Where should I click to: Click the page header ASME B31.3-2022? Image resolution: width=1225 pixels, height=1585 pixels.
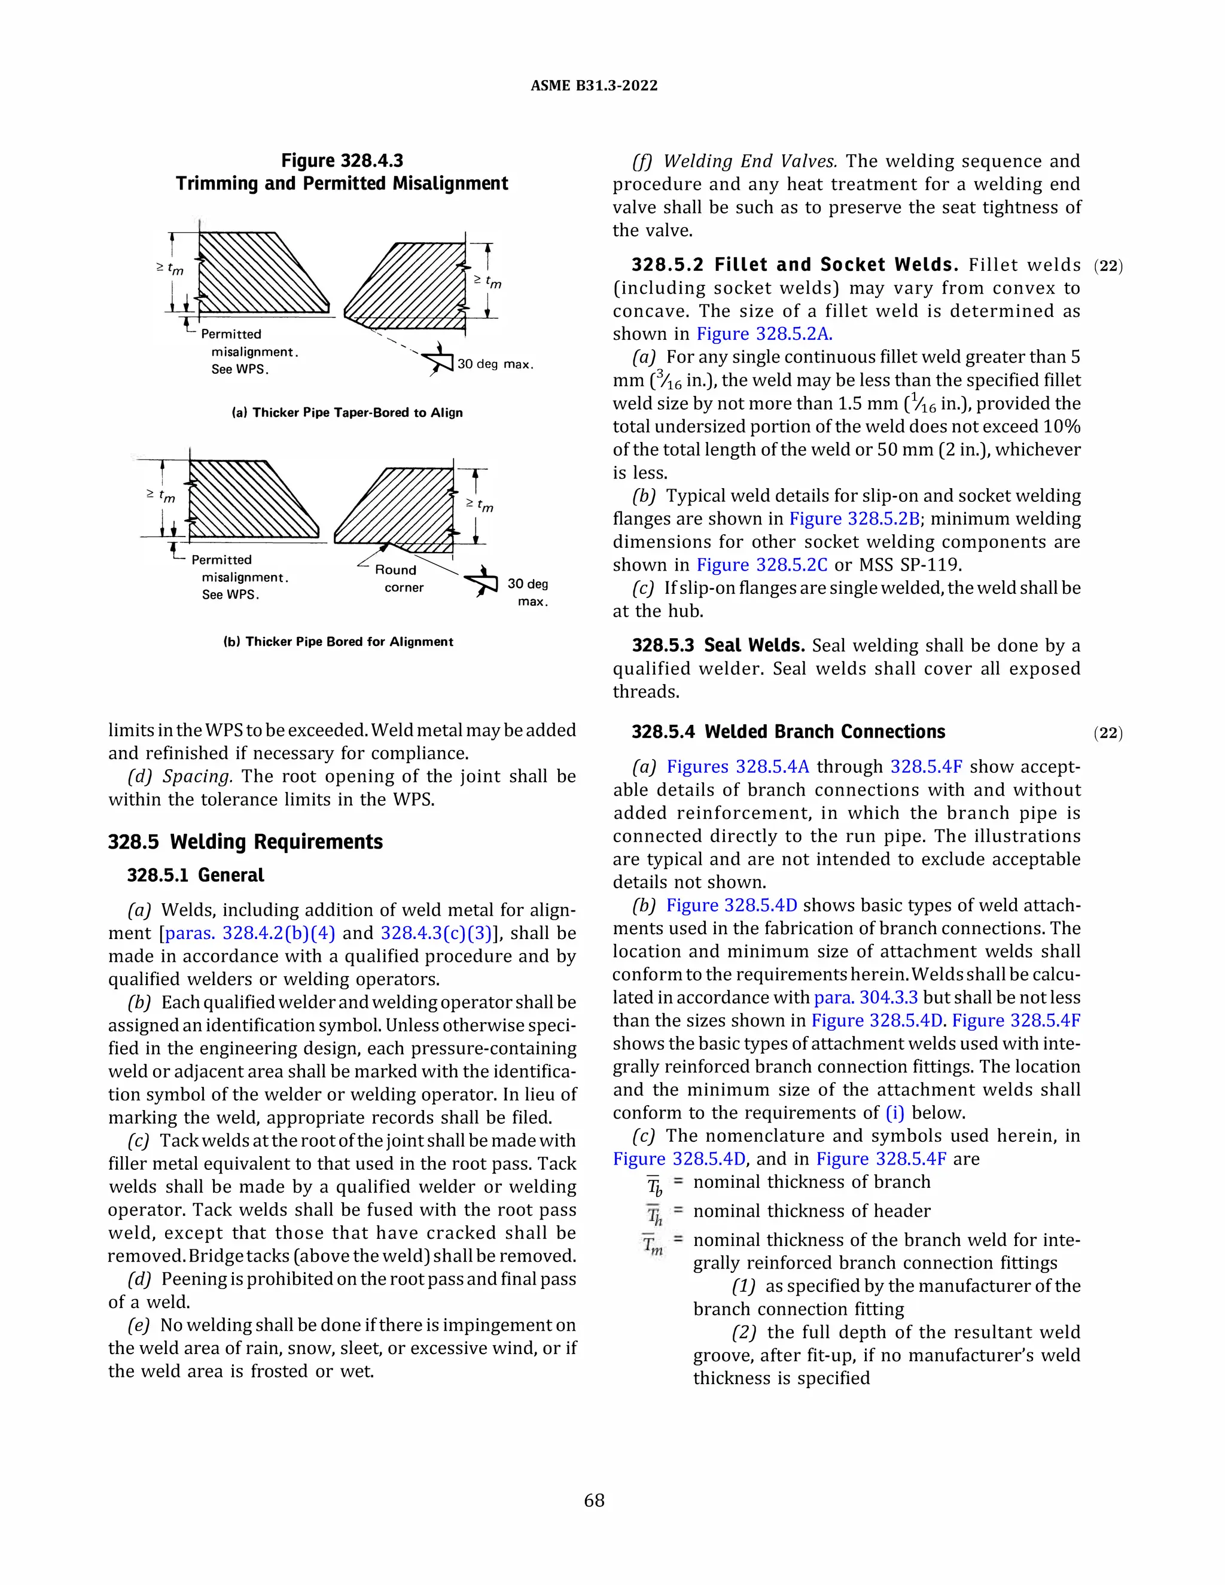(593, 86)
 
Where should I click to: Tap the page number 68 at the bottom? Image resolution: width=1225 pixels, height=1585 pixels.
(593, 1500)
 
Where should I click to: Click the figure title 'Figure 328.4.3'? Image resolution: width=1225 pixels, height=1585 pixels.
(342, 160)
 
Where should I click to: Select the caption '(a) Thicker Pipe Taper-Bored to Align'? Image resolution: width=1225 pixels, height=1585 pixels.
(347, 412)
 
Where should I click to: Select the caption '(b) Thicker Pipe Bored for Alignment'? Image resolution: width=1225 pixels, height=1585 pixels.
(338, 642)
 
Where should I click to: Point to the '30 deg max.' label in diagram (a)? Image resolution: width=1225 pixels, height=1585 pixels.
(495, 364)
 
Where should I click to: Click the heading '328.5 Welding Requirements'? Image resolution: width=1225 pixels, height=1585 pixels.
(245, 842)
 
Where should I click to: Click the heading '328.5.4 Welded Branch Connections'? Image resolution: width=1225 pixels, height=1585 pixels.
(788, 731)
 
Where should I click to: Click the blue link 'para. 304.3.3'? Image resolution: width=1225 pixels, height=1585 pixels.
(866, 998)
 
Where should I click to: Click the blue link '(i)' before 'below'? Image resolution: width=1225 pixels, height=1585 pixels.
(895, 1112)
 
